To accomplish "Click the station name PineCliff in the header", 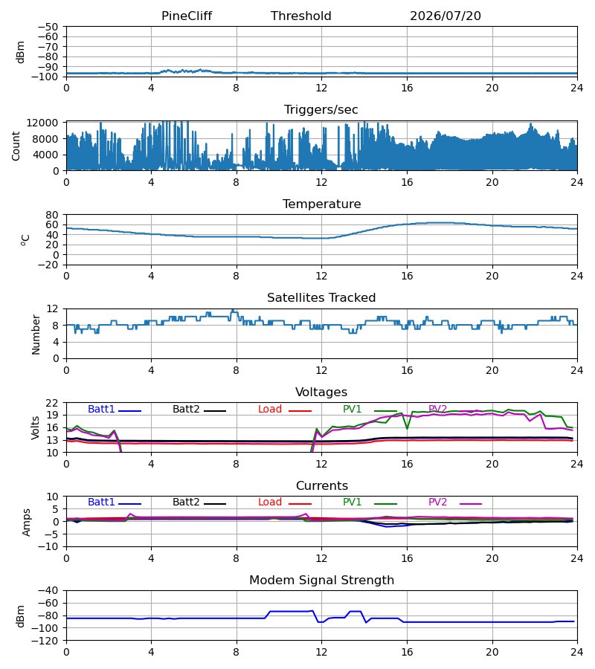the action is click(x=187, y=16).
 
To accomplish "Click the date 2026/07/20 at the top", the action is click(x=446, y=16).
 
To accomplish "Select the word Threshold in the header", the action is click(x=301, y=16).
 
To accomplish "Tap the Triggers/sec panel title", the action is click(x=321, y=110).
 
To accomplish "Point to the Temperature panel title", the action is click(x=321, y=204).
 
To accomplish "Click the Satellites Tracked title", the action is click(x=321, y=298).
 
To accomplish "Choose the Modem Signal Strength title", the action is click(x=321, y=581).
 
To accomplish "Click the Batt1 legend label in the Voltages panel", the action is click(x=101, y=409).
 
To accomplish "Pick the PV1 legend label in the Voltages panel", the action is click(x=352, y=409).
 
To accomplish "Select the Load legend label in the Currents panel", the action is click(x=270, y=502).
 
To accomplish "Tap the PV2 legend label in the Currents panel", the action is click(x=437, y=502).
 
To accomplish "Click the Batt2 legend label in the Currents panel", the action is click(x=186, y=502).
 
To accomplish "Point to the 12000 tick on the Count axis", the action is click(x=42, y=123).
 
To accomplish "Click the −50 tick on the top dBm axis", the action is click(x=48, y=27).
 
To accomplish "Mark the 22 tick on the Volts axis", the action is click(x=53, y=403).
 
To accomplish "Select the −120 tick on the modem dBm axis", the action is click(x=45, y=641).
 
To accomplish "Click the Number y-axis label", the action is click(x=36, y=335).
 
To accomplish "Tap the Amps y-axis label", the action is click(x=27, y=523).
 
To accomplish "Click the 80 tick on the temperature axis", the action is click(x=53, y=215).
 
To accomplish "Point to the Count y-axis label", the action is click(x=16, y=146).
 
